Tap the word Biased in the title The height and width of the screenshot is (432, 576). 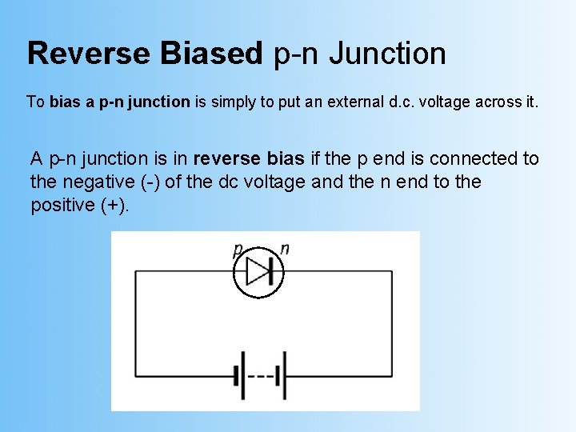(211, 54)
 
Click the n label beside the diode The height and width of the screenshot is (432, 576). (285, 249)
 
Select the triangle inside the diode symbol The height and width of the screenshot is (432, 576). (256, 272)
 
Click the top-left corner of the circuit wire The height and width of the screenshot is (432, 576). (136, 272)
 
